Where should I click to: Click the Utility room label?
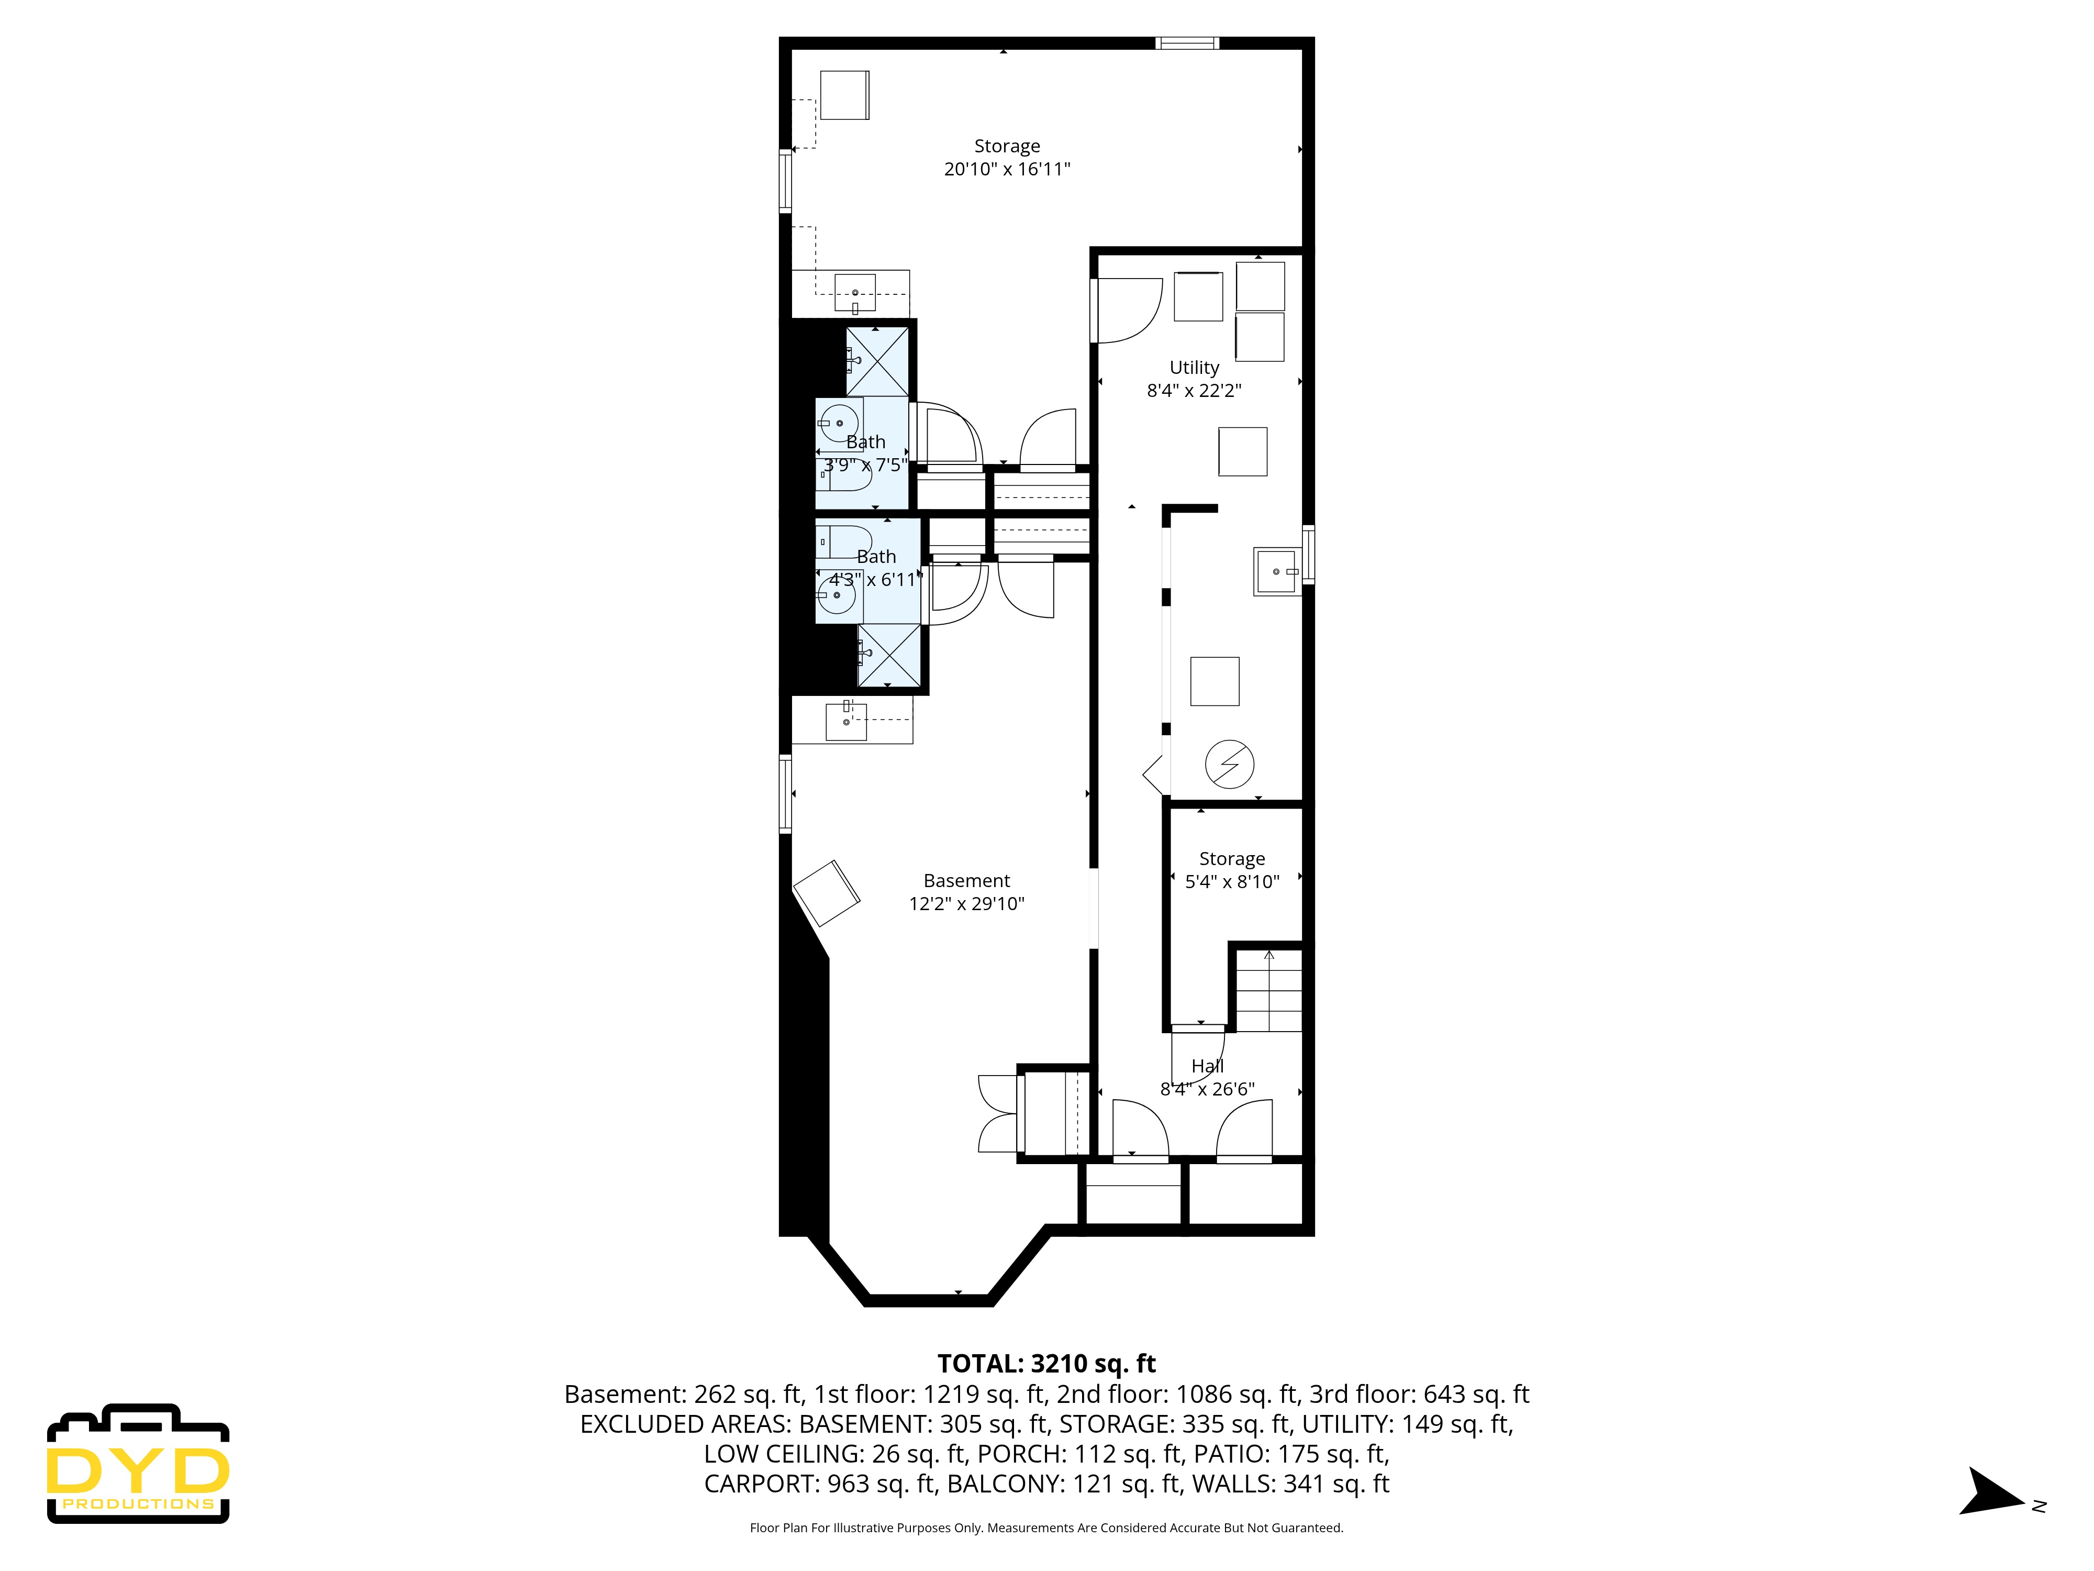coord(1194,368)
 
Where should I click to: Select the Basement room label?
coord(966,881)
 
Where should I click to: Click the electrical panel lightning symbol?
coord(1229,764)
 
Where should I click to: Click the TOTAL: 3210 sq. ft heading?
coord(1046,1364)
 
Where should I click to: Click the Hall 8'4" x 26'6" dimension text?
coord(1207,1089)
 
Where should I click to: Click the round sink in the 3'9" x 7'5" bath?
coord(839,423)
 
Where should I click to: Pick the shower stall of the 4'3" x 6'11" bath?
coord(888,655)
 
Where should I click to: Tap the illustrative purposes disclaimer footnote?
coord(1046,1528)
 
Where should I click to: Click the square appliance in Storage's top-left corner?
coord(844,95)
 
